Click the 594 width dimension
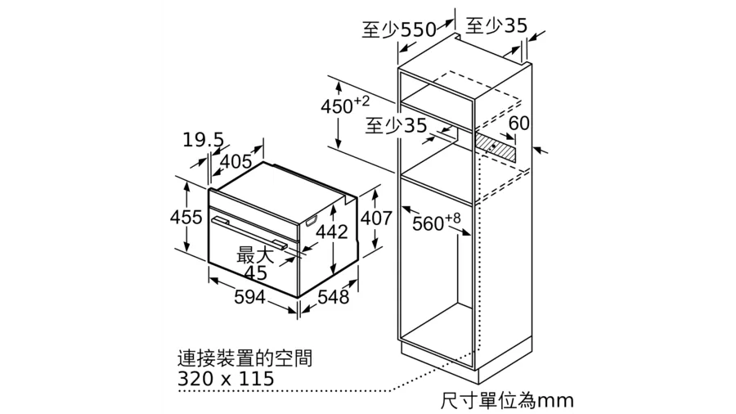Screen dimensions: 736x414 [249, 297]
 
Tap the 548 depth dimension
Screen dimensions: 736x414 [334, 297]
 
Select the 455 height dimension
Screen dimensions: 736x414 [186, 217]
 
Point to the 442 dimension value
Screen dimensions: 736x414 [332, 232]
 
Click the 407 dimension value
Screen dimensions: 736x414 [376, 218]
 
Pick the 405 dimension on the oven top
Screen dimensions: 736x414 [236, 161]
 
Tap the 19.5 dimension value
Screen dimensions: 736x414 [203, 140]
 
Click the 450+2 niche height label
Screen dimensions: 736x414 [345, 106]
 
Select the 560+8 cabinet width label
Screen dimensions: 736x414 [437, 222]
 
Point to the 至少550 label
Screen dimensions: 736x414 [399, 29]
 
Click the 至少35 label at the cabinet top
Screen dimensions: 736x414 [496, 25]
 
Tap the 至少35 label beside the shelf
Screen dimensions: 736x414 [396, 125]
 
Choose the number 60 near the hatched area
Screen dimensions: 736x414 [518, 123]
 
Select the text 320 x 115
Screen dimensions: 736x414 [226, 378]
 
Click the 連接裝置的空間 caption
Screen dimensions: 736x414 [245, 358]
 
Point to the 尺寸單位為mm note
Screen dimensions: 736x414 [507, 400]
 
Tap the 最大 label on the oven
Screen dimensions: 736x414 [254, 255]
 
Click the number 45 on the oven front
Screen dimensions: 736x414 [256, 272]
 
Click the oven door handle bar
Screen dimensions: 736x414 [249, 232]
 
